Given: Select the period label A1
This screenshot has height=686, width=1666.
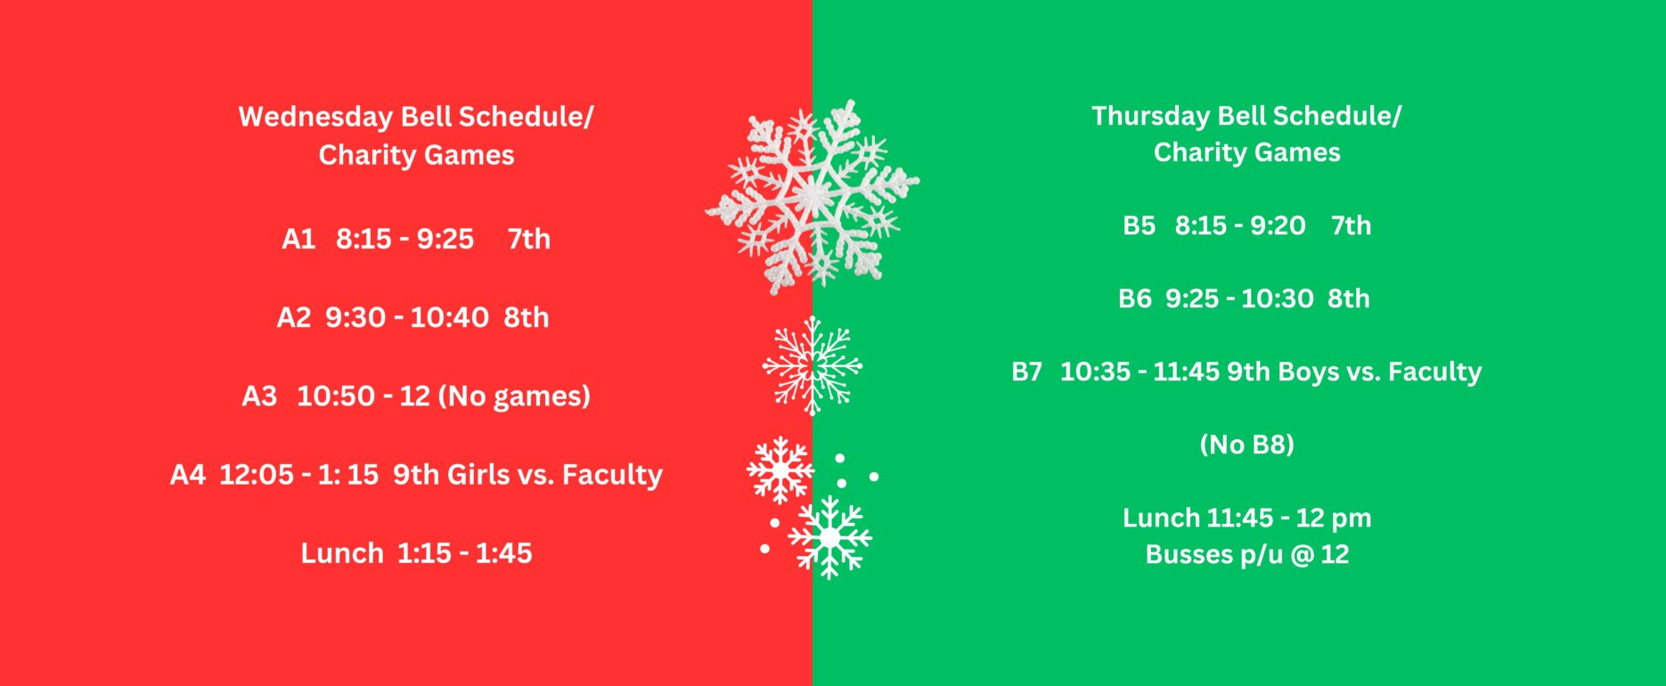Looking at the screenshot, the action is click(298, 239).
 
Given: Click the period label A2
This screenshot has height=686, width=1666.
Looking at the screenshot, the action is click(294, 317).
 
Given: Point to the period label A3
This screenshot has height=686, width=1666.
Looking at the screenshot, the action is click(259, 396).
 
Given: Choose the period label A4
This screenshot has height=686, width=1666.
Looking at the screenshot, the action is click(188, 474).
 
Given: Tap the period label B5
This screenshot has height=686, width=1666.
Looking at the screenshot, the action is click(1139, 225).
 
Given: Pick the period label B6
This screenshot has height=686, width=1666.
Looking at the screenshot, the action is click(1135, 298).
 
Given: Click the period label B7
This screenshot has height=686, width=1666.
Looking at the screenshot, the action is click(1027, 372).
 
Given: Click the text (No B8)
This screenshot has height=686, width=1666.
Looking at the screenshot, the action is click(1247, 444).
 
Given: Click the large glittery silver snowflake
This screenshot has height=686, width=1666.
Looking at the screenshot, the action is click(813, 197).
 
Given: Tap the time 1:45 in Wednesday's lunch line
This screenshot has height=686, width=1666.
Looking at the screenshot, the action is click(503, 552).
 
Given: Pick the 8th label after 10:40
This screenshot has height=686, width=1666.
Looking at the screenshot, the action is click(527, 317).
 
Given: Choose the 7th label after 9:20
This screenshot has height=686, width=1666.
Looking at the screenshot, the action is click(1351, 225).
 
